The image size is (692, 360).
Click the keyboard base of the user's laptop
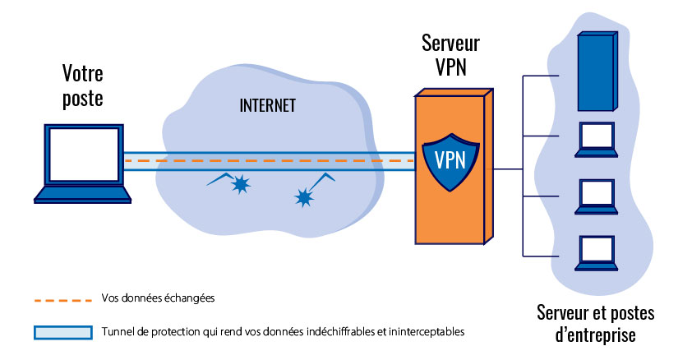tap(82, 195)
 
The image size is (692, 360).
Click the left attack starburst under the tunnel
tap(240, 186)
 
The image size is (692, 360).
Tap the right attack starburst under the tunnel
tap(305, 196)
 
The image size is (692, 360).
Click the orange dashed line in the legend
tap(61, 299)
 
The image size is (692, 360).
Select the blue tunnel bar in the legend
tap(61, 332)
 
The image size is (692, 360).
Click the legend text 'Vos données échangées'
tap(158, 298)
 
